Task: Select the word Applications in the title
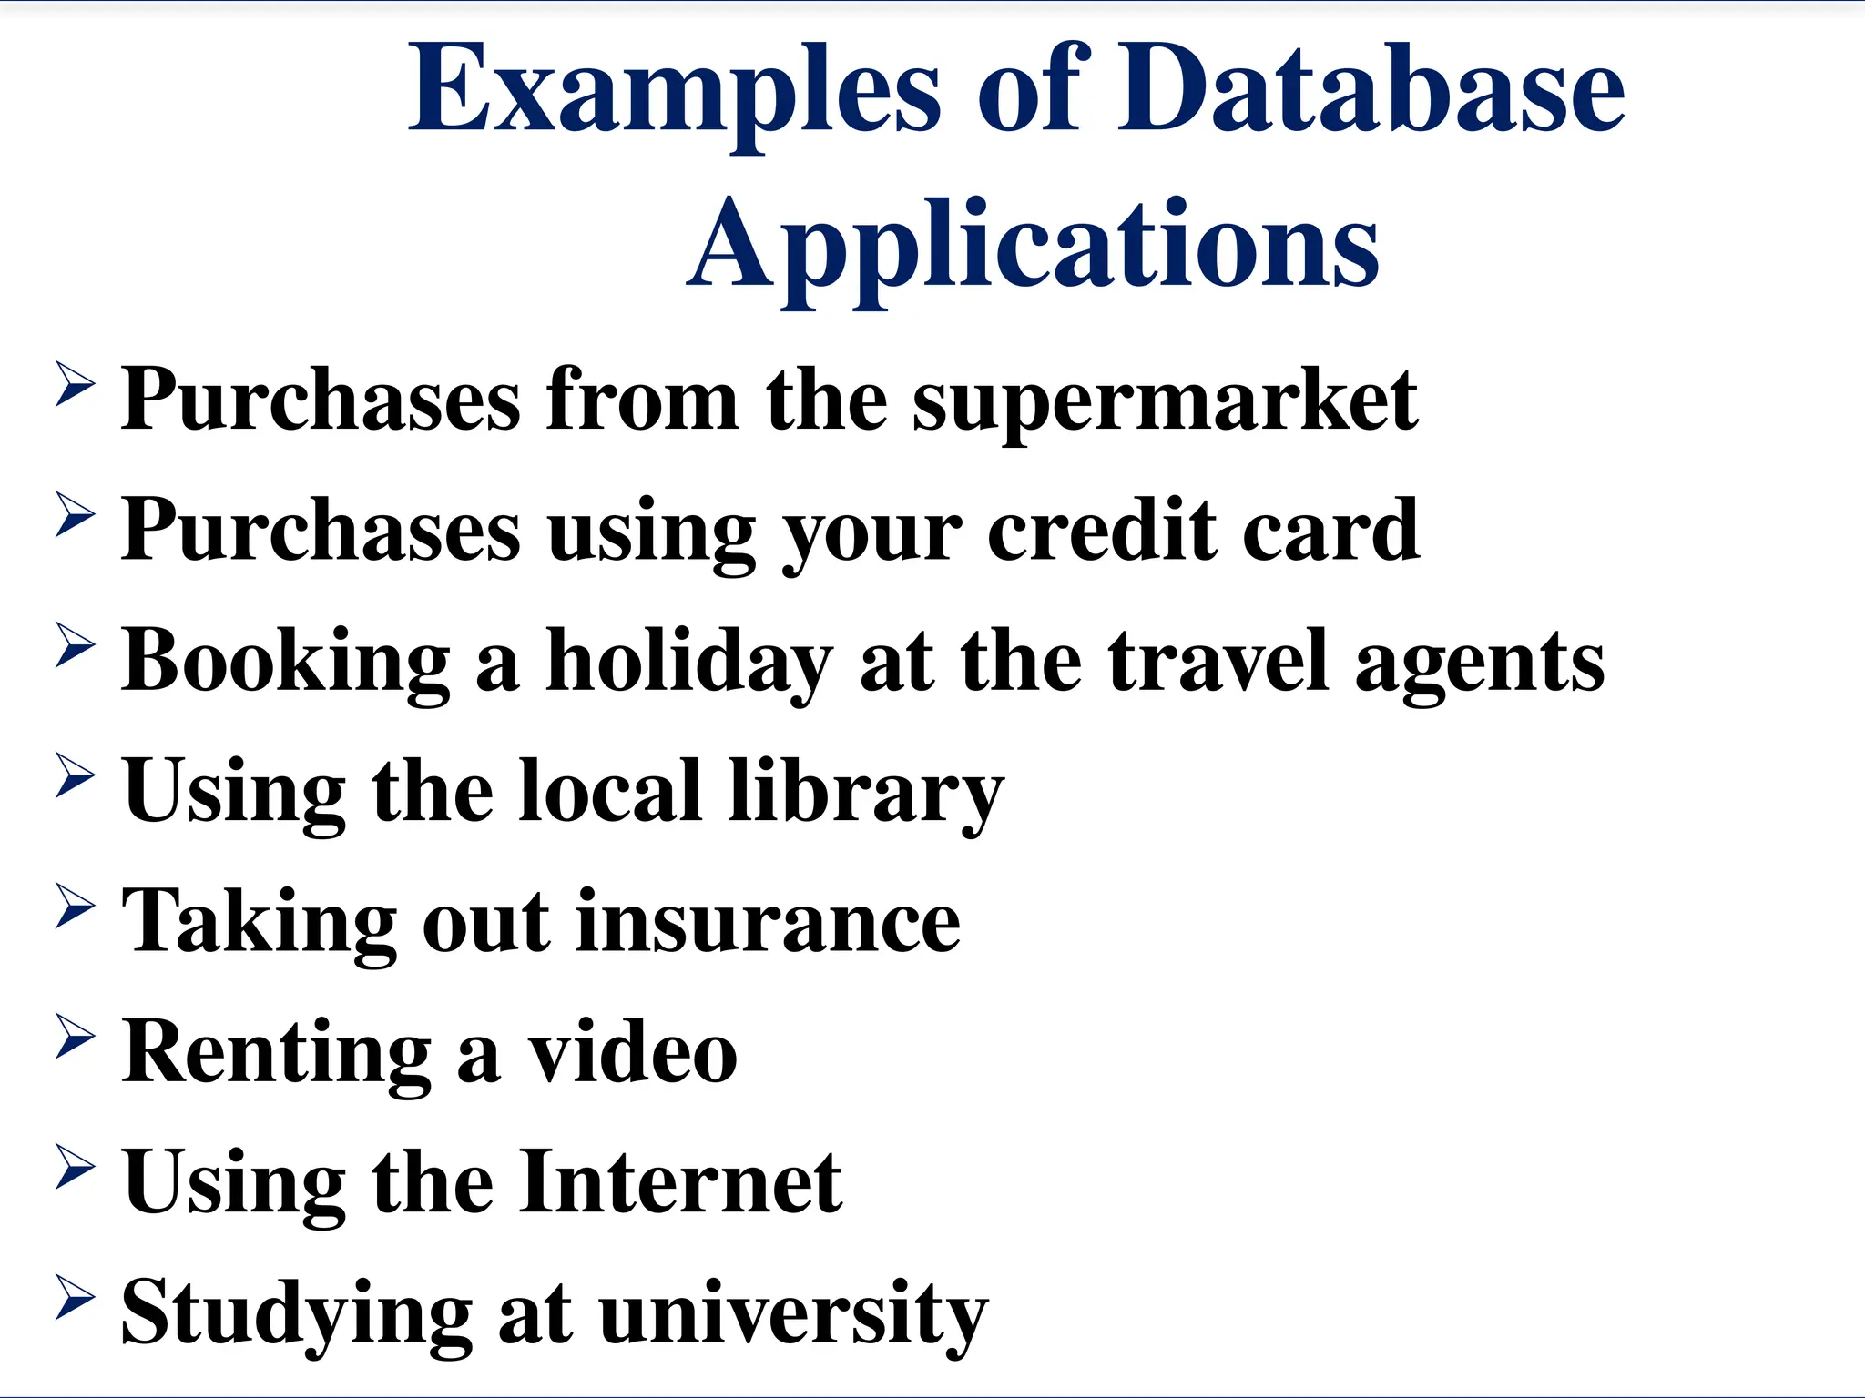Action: pos(1033,246)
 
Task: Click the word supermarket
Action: pos(1165,400)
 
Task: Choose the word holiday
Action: pos(688,663)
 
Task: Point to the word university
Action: pos(793,1314)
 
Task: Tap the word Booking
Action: pos(286,663)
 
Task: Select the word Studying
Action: pos(296,1314)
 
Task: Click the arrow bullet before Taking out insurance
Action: pos(75,906)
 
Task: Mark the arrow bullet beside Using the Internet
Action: pos(75,1167)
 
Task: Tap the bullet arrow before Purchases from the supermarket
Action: pos(75,383)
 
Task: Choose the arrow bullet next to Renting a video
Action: pos(75,1037)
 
